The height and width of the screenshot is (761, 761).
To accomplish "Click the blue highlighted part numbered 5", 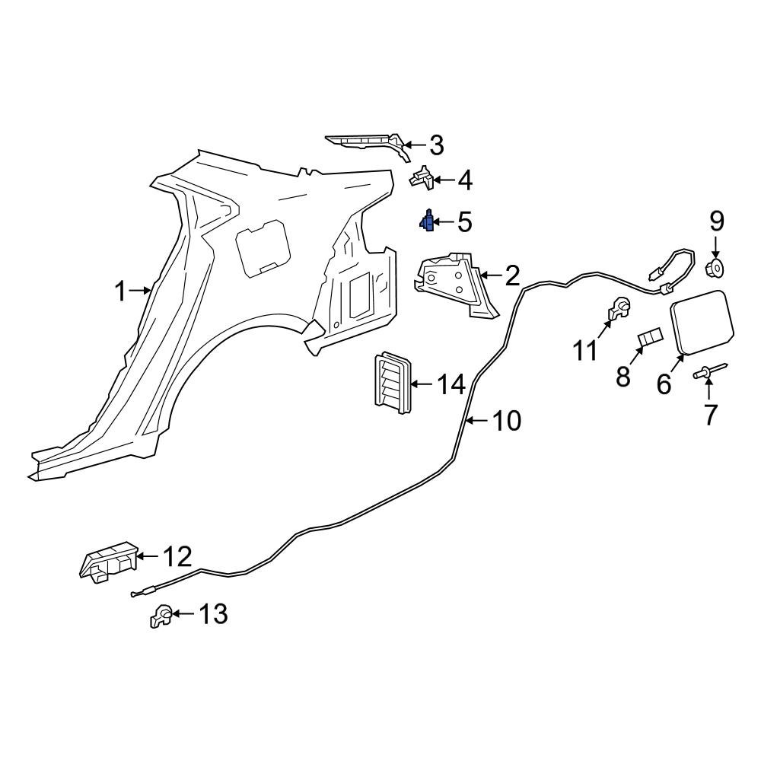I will [x=428, y=221].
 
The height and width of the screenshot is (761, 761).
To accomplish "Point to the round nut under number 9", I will [x=715, y=267].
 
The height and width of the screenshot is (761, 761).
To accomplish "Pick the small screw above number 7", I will [x=708, y=373].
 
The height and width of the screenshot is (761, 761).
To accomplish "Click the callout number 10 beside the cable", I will [x=505, y=420].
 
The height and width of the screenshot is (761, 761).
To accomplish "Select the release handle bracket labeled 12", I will [x=107, y=562].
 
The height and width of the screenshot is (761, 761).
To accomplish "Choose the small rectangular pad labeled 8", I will [x=649, y=338].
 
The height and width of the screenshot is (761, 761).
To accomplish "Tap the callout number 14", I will [x=449, y=385].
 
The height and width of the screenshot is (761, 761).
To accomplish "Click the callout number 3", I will [x=435, y=144].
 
